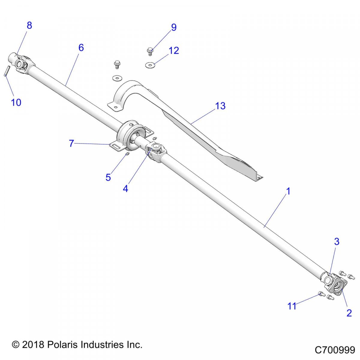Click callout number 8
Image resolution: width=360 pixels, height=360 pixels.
(29, 25)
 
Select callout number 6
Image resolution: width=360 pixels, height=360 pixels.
(81, 48)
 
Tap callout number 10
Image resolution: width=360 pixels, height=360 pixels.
(16, 102)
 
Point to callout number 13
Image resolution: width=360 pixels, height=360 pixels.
(220, 106)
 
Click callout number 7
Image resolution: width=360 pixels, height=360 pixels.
(71, 143)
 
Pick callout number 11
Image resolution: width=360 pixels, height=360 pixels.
(292, 306)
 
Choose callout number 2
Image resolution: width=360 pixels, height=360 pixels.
(349, 313)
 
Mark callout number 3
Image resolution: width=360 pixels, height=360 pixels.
(337, 241)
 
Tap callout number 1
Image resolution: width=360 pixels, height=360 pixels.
(288, 191)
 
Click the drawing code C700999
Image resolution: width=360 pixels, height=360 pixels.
(335, 350)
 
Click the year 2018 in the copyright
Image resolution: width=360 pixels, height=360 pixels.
(33, 344)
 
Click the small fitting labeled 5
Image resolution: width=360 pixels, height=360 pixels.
(127, 154)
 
